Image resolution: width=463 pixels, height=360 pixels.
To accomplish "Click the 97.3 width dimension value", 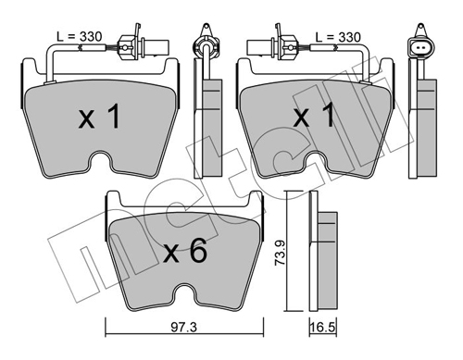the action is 184,327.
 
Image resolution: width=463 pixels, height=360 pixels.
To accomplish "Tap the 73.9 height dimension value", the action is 281,253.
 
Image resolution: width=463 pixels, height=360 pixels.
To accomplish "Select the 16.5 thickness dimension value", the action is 323,328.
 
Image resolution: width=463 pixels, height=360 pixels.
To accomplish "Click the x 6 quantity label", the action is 185,252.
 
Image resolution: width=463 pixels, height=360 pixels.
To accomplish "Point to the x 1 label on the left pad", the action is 99,116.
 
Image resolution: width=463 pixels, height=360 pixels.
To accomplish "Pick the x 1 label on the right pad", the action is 314,115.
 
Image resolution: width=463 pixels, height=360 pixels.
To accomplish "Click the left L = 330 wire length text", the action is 80,37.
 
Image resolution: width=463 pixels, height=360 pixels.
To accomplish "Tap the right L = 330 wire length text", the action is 338,37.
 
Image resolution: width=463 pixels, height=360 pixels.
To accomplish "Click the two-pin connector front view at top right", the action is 420,43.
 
